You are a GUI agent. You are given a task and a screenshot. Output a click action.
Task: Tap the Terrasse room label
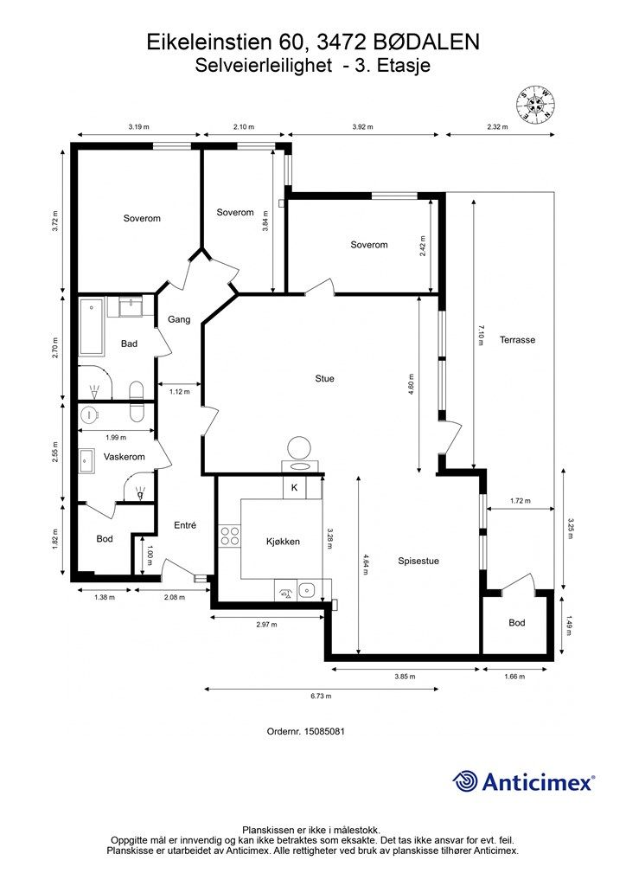[517, 339]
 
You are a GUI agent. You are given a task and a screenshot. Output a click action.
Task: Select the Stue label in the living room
[324, 379]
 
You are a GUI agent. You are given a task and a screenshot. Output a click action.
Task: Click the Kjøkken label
[283, 542]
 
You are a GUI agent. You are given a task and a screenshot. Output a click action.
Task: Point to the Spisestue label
[418, 561]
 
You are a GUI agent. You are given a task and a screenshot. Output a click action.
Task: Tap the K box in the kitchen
[294, 488]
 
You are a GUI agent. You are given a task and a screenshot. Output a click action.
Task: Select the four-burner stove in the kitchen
[230, 536]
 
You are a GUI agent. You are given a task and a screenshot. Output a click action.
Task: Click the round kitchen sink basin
[306, 590]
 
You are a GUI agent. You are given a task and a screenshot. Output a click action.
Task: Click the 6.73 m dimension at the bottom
[321, 697]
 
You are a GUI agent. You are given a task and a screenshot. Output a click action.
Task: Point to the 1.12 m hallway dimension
[180, 391]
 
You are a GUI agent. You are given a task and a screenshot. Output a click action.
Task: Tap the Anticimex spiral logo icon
[465, 781]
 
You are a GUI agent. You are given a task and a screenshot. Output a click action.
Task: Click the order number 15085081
[324, 731]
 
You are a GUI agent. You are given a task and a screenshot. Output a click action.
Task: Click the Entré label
[185, 525]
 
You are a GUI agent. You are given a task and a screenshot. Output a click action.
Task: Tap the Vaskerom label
[125, 457]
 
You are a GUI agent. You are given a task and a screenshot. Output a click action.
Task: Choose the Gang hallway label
[179, 319]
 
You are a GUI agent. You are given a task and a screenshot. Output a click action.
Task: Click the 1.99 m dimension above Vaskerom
[116, 437]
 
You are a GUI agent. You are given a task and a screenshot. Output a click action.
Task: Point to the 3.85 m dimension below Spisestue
[406, 677]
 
